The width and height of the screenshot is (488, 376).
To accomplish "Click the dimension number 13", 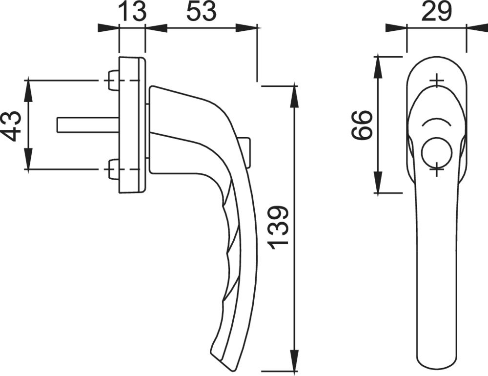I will pyautogui.click(x=132, y=12).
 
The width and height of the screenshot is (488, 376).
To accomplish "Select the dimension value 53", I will pyautogui.click(x=200, y=12).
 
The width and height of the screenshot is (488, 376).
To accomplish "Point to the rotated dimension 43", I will pyautogui.click(x=13, y=125).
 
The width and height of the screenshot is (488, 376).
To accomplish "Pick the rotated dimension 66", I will pyautogui.click(x=363, y=125).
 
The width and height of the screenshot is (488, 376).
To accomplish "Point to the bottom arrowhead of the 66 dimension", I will pyautogui.click(x=379, y=186).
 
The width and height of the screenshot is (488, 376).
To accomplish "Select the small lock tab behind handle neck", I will pyautogui.click(x=246, y=151).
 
